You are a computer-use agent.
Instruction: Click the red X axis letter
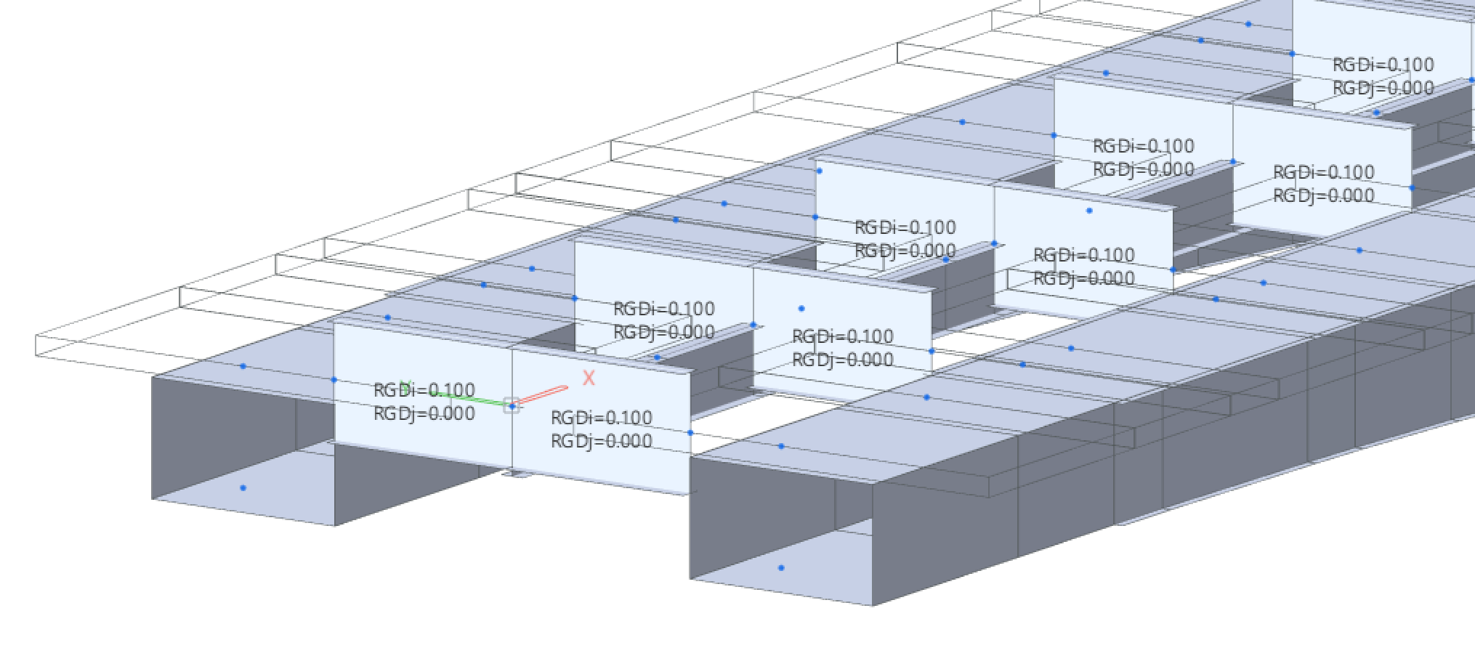[589, 378]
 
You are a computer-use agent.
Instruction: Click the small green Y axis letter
[406, 386]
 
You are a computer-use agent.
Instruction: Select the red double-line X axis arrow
[541, 395]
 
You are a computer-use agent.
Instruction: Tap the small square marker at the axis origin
[512, 405]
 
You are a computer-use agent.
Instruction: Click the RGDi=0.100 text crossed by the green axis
[424, 390]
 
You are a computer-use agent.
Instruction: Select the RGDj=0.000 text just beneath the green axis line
[424, 414]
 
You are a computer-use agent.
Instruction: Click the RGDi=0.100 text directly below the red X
[601, 418]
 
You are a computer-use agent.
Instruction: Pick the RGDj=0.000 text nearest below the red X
[601, 441]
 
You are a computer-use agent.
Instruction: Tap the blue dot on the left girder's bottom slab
[243, 487]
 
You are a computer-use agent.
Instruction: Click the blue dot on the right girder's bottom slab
[781, 567]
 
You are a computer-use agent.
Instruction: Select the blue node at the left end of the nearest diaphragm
[334, 379]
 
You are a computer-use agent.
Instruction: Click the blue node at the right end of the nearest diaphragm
[690, 433]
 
